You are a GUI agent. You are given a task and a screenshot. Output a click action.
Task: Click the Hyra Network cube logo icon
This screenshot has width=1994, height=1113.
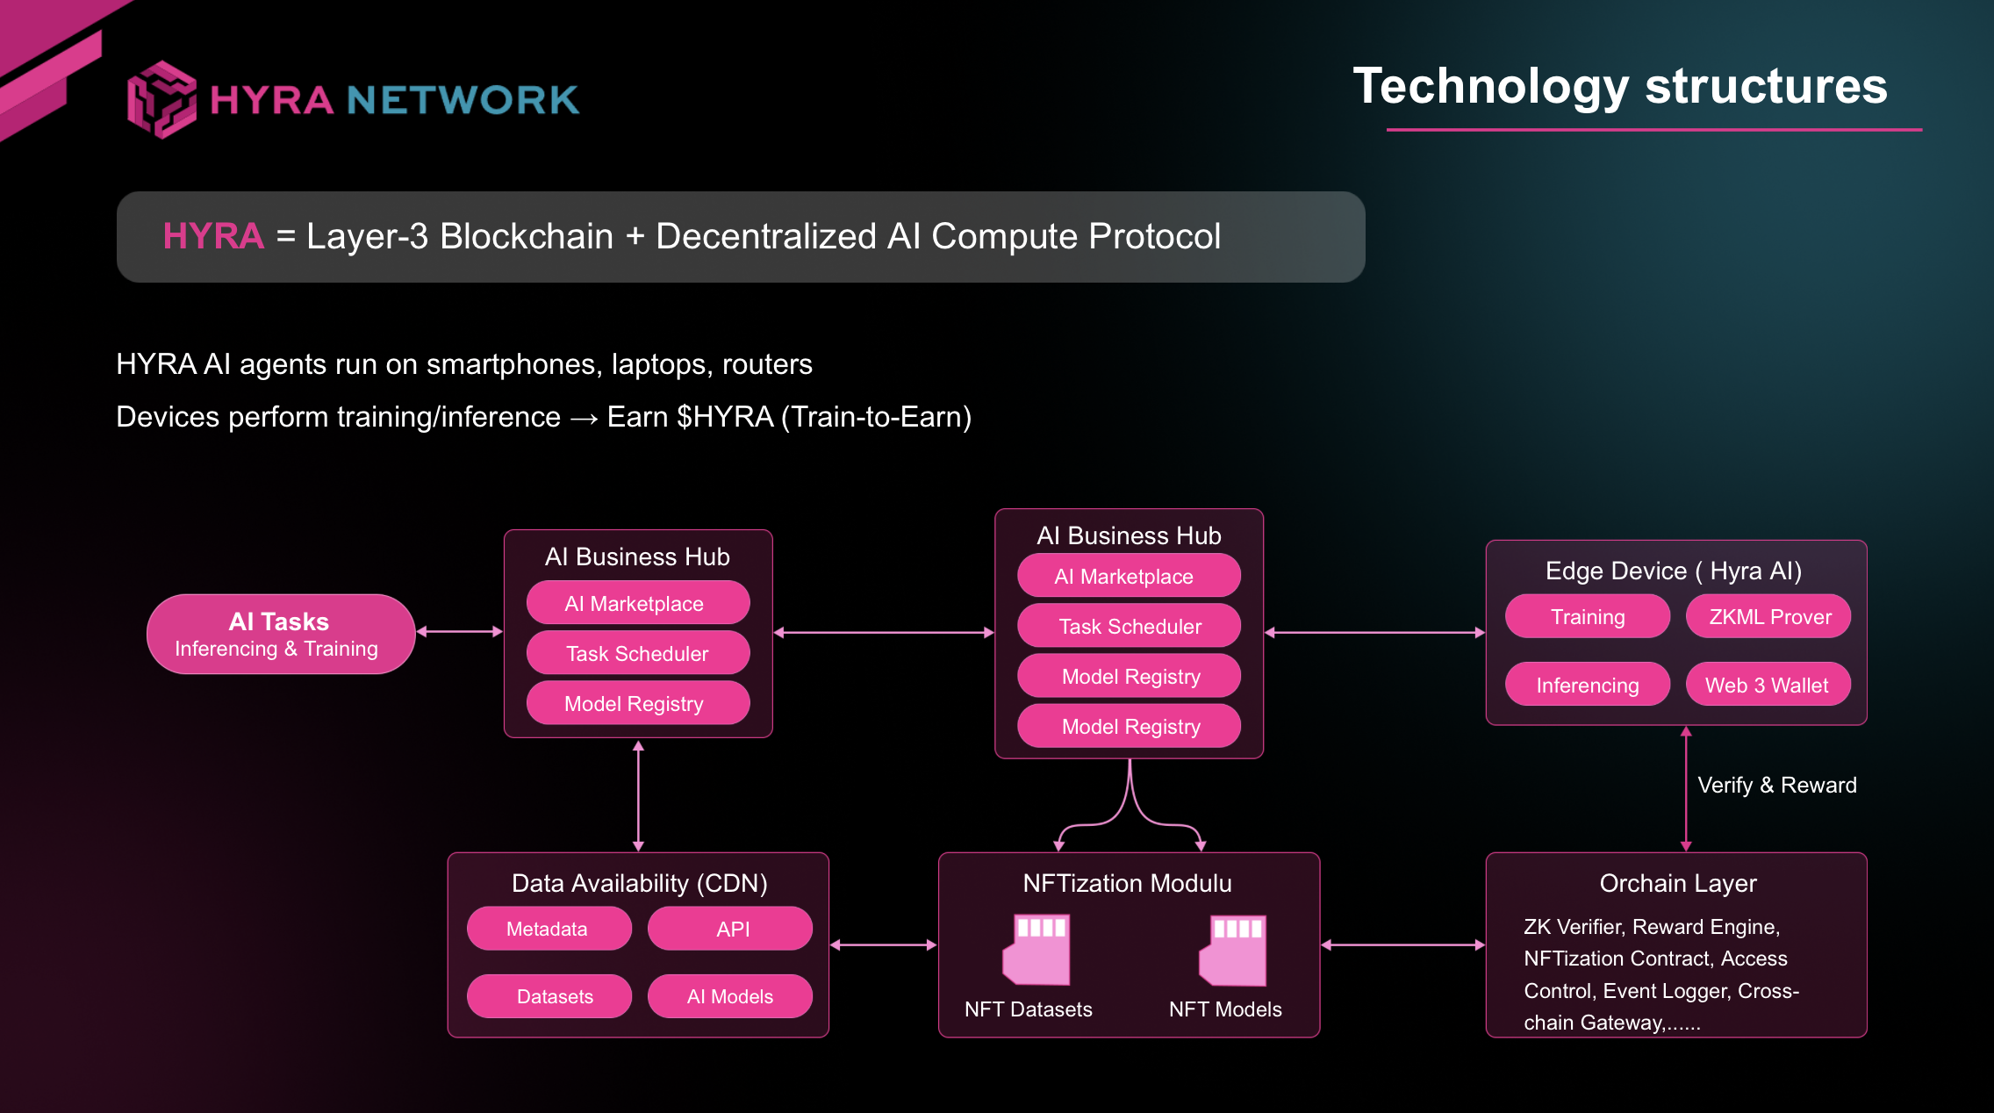point(161,99)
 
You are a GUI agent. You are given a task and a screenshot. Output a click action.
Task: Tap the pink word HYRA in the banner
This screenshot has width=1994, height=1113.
point(213,236)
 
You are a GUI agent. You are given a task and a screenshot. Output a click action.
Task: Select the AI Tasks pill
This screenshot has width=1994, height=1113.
point(280,634)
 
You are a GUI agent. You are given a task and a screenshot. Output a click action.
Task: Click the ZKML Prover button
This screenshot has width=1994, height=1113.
point(1768,617)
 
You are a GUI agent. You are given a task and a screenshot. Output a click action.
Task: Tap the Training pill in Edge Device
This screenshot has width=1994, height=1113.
point(1587,617)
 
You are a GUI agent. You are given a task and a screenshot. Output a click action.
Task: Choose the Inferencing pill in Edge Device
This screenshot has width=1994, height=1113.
point(1587,686)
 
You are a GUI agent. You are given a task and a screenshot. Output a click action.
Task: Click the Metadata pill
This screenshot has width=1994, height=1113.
point(548,929)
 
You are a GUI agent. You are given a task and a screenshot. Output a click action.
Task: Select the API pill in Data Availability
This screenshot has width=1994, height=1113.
point(731,929)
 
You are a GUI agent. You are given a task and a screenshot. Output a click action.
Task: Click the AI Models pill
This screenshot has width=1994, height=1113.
point(729,997)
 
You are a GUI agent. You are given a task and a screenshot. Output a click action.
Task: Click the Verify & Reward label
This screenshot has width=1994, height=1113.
point(1776,785)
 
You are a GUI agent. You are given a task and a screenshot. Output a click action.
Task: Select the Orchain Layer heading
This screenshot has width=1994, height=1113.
point(1677,883)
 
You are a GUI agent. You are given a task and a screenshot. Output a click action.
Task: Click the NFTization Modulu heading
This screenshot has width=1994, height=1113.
point(1127,883)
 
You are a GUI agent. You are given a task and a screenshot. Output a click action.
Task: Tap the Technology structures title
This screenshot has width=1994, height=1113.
point(1619,86)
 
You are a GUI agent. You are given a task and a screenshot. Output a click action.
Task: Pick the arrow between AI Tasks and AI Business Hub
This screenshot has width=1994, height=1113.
point(459,631)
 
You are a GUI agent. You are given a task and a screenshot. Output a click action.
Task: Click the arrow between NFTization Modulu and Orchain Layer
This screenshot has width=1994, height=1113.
point(1402,944)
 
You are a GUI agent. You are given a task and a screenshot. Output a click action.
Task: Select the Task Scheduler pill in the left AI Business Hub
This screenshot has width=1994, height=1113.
point(637,654)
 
